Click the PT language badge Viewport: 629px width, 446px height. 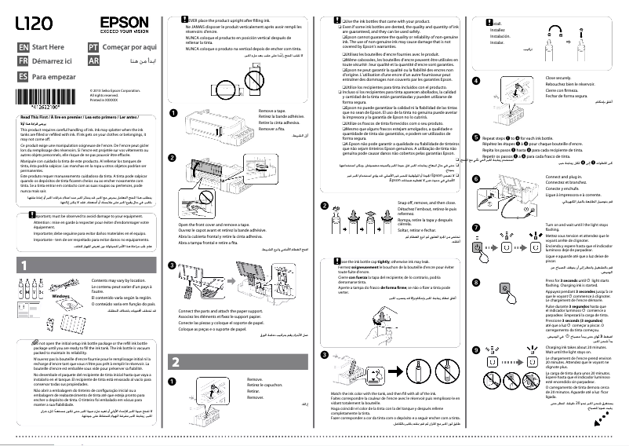[x=93, y=48]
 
